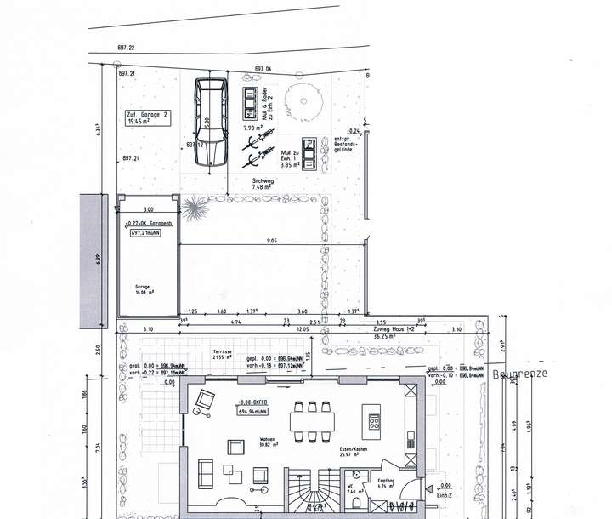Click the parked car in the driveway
point(210,123)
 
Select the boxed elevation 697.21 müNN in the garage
point(147,231)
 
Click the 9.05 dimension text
point(271,242)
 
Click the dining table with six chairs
point(311,420)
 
